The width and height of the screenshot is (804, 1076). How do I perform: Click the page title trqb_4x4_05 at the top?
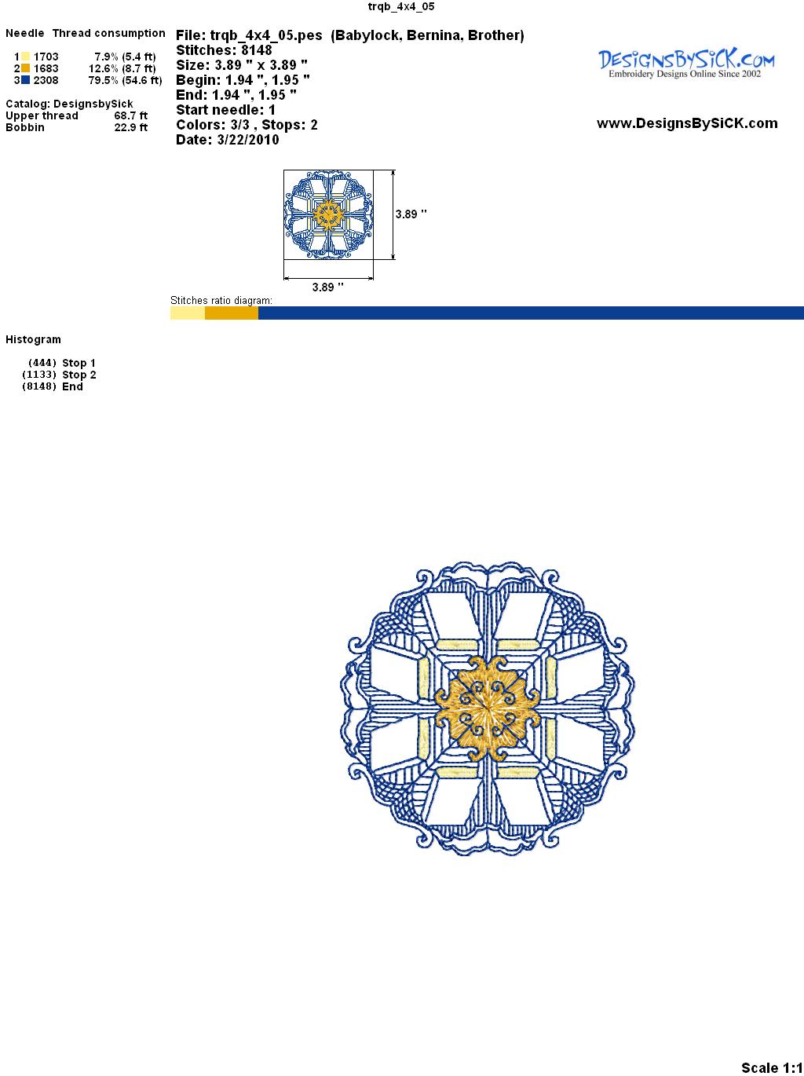(x=401, y=6)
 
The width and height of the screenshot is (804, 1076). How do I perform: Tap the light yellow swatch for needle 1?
(x=25, y=57)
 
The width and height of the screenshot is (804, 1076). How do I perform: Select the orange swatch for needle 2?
(x=25, y=68)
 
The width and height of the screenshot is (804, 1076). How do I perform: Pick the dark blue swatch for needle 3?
(x=25, y=80)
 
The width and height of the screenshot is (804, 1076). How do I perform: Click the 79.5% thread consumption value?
(x=104, y=80)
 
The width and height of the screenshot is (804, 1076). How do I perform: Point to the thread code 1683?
(x=46, y=68)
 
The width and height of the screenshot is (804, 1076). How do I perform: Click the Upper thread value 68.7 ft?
(x=131, y=115)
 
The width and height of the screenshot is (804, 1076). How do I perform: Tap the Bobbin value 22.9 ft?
(x=131, y=127)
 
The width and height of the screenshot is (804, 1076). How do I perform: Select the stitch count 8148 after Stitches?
(x=257, y=50)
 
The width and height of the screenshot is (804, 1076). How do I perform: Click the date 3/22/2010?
(x=248, y=140)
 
